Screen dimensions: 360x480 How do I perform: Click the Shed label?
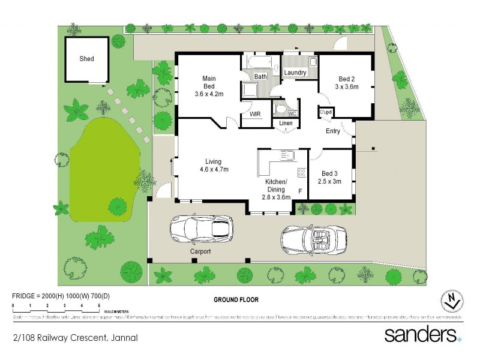(x=87, y=59)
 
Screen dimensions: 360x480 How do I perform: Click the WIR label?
(x=254, y=114)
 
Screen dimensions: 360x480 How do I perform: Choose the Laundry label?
(x=295, y=73)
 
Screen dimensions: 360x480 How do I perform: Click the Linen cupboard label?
(x=286, y=124)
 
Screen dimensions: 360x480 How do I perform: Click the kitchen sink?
(x=287, y=155)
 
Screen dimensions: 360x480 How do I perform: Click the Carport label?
(x=200, y=251)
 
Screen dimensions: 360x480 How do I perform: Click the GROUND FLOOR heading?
(x=236, y=299)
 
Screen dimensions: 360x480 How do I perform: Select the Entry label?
(x=333, y=131)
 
